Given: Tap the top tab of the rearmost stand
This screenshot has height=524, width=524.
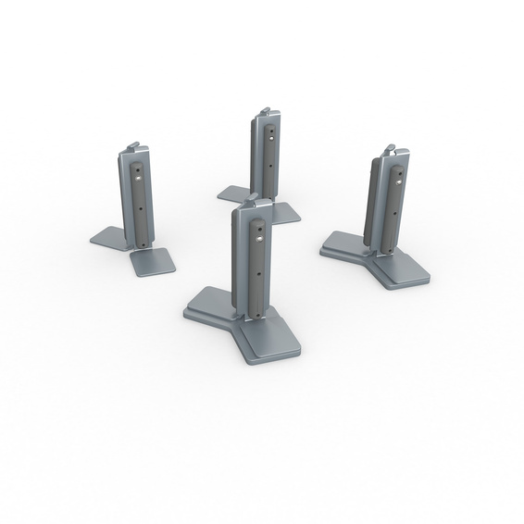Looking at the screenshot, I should click(266, 112).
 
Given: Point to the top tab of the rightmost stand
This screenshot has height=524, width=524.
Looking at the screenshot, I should click(393, 146).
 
